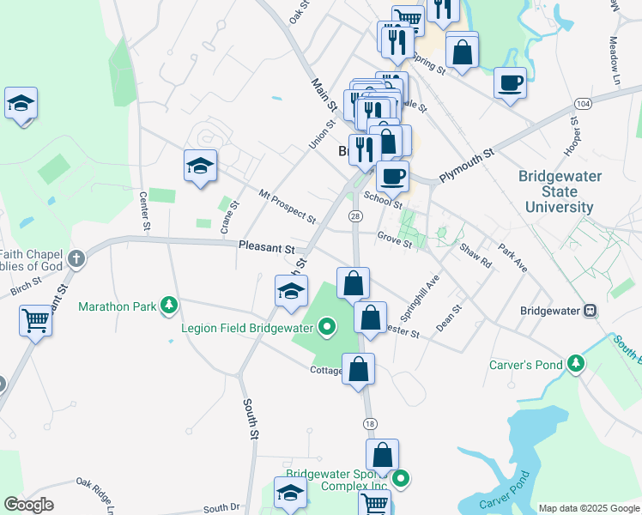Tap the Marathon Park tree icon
tap(170, 305)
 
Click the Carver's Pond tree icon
tap(576, 365)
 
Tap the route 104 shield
tap(584, 103)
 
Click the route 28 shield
tap(354, 216)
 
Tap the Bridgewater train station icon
tap(591, 310)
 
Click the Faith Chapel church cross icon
tap(76, 257)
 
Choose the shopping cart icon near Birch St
tap(36, 321)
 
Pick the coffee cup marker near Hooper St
tap(510, 83)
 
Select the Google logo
tap(28, 505)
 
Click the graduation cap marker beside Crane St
tap(200, 165)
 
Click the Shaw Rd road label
tap(475, 255)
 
